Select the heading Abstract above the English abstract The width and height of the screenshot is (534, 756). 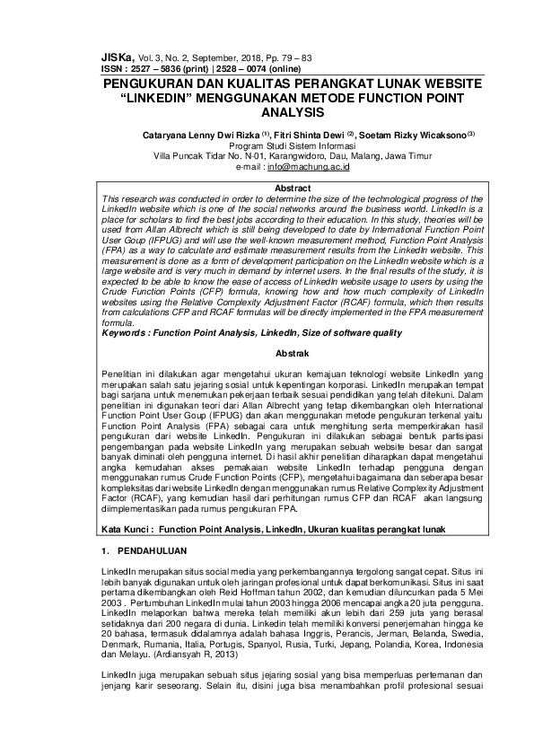(267, 188)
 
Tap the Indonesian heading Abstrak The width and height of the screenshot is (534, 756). (267, 354)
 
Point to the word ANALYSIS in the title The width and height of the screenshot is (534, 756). (267, 114)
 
